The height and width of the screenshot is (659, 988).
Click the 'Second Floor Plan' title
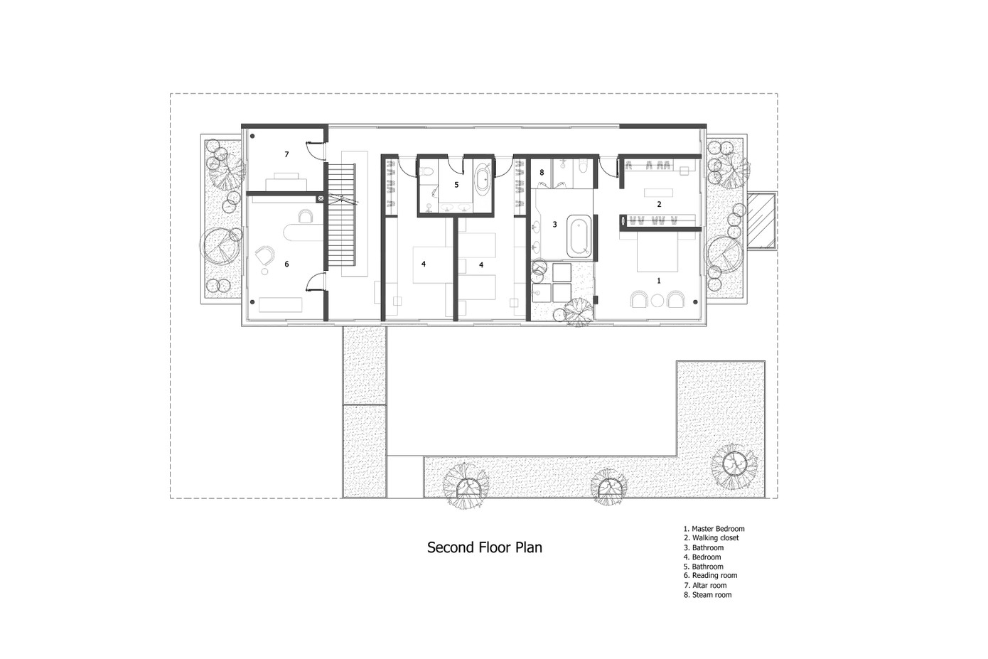484,547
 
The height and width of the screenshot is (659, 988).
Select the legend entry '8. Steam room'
707,594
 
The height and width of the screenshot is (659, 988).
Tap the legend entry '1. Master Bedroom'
714,528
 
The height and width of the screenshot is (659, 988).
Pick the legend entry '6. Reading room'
710,575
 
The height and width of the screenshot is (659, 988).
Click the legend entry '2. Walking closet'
711,537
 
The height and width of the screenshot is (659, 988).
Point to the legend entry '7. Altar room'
705,585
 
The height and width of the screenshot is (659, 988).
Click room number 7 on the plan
286,154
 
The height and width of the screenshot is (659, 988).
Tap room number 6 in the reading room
286,264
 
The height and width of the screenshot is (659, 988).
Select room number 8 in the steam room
542,173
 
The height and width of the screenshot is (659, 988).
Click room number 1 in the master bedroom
659,281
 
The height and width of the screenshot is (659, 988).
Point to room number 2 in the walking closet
660,204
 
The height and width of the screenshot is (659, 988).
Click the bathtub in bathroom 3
579,236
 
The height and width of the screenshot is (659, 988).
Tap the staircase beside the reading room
341,215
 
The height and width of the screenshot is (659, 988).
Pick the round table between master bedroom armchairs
657,301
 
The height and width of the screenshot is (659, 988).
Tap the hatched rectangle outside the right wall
762,221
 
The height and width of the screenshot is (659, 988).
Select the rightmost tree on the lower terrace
734,466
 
